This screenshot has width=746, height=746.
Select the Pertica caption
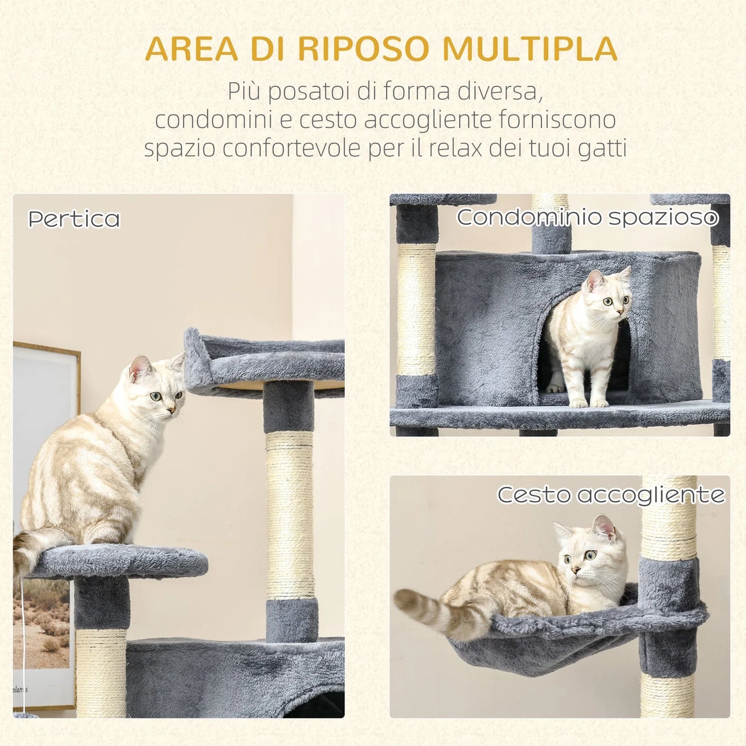[x=74, y=219]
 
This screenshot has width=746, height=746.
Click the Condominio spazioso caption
[x=587, y=217]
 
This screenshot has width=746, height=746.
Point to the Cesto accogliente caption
[x=611, y=495]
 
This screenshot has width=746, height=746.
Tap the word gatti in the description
[x=602, y=148]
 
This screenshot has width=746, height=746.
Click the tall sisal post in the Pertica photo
[x=290, y=516]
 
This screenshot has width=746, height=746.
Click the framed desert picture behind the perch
[x=41, y=620]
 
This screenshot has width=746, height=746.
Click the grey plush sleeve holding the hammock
[x=669, y=614]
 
